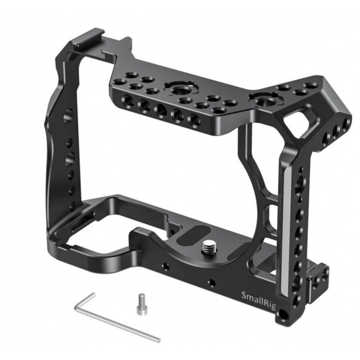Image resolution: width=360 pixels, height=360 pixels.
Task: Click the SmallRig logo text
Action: click(259, 300)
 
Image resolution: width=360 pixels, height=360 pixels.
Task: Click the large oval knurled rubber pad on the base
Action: click(193, 234)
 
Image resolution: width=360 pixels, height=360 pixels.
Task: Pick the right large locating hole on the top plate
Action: click(264, 101)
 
